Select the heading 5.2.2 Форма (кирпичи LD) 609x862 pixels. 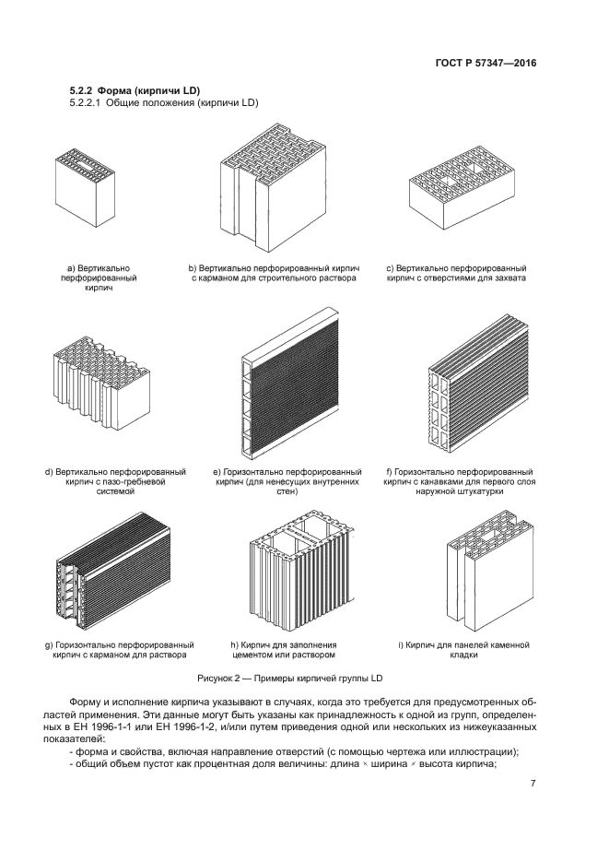coord(135,90)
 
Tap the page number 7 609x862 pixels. coord(533,784)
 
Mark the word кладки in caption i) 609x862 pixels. coord(477,655)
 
